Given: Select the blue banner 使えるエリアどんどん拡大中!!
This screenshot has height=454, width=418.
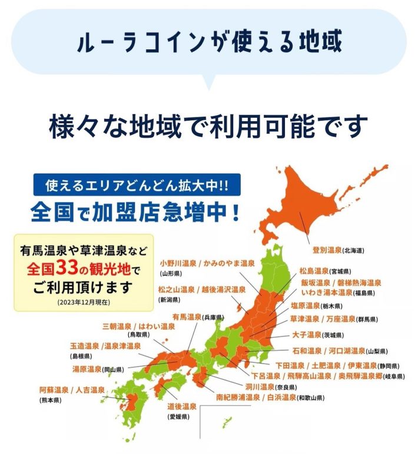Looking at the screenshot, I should [130, 187].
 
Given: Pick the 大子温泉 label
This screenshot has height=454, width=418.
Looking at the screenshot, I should [307, 335].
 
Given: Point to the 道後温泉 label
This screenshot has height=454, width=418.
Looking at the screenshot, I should [182, 406].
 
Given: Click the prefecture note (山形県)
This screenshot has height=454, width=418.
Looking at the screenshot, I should [171, 274].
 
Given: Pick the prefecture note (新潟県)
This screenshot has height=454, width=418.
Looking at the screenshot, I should [170, 299].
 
